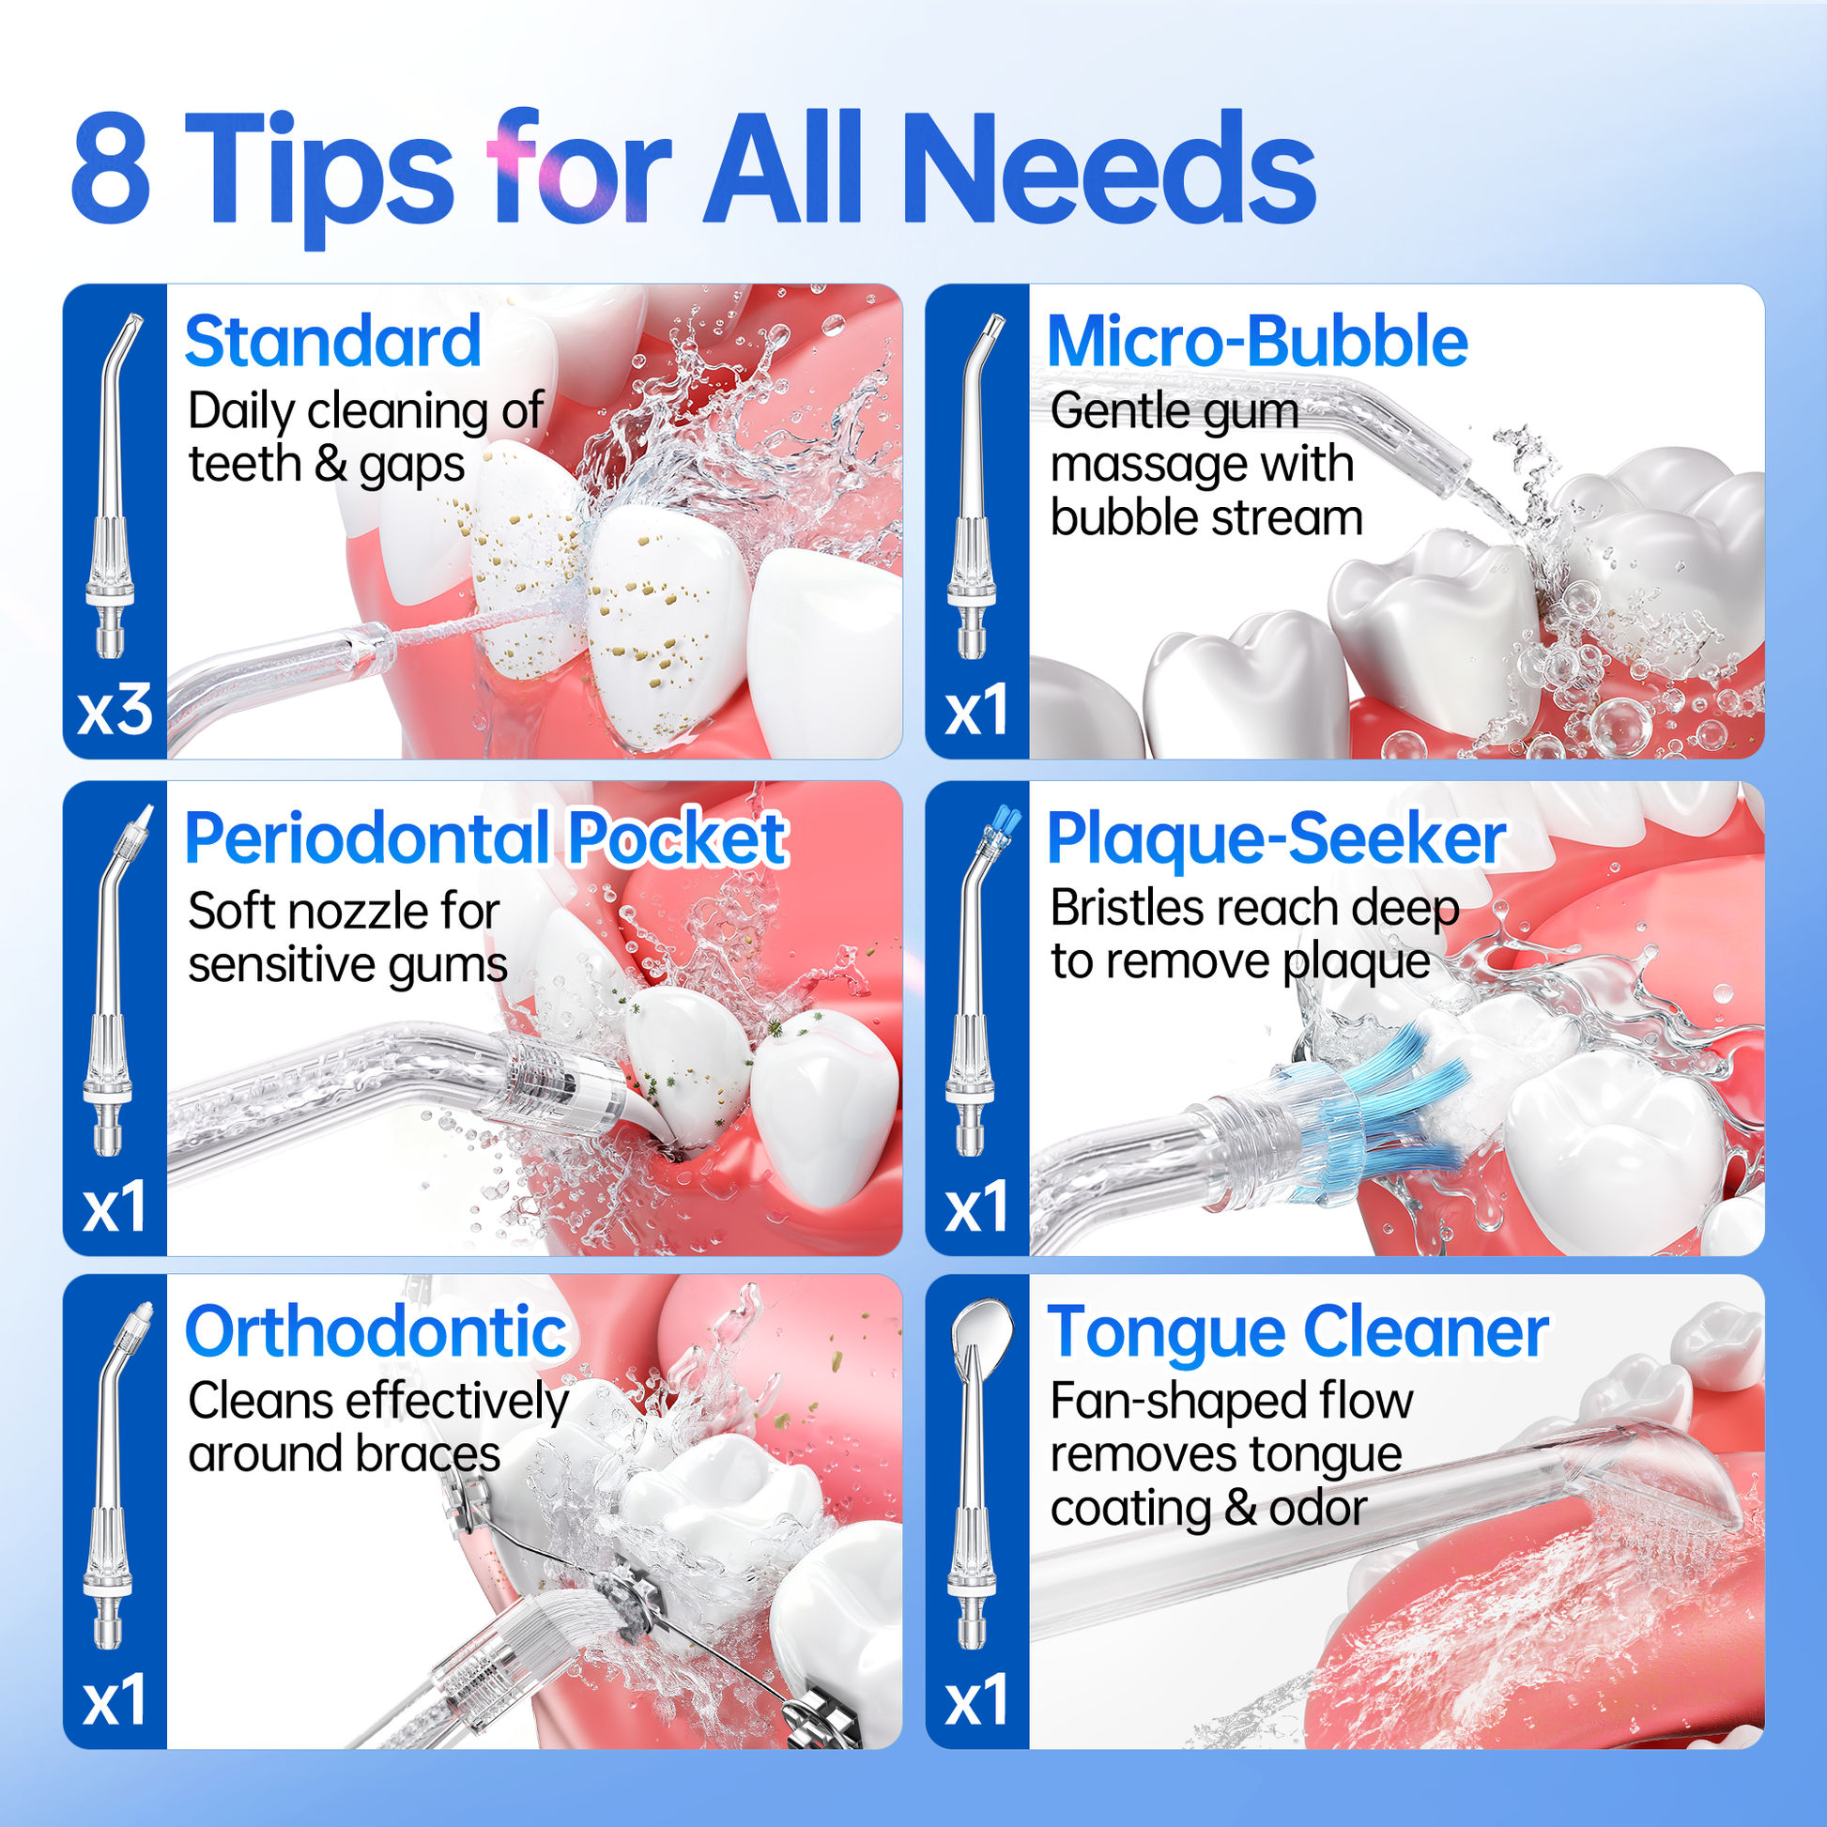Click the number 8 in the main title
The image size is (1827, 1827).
click(x=111, y=169)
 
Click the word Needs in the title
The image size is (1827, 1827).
click(x=1108, y=167)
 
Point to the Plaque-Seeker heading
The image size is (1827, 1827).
click(x=1277, y=839)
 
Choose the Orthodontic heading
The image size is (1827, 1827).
click(x=376, y=1332)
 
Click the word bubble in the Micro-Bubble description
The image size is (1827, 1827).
click(x=1122, y=518)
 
